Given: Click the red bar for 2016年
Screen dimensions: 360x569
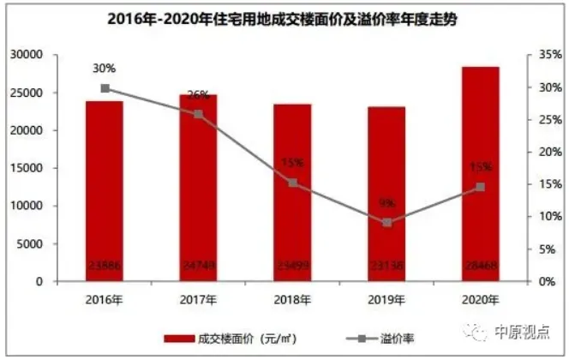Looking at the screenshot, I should [x=104, y=190].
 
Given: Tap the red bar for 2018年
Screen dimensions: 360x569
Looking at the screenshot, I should [x=292, y=192].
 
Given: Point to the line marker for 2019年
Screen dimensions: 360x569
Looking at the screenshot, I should [x=387, y=223].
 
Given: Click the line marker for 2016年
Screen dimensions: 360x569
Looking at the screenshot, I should [x=105, y=88].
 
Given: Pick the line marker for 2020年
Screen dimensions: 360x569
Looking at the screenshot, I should [x=481, y=187].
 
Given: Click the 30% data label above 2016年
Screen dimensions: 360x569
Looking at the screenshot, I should [x=105, y=68].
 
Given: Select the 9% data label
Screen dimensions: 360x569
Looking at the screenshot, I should [x=387, y=203].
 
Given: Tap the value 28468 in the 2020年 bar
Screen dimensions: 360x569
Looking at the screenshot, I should [x=481, y=271].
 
